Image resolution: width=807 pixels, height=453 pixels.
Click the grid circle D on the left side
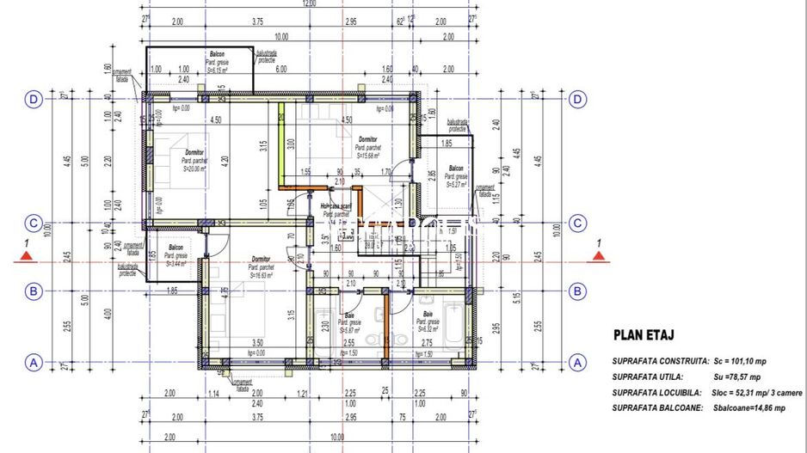[x=33, y=100]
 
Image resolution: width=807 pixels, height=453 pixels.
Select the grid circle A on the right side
[x=576, y=362]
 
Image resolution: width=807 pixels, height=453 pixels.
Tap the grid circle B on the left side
[x=33, y=291]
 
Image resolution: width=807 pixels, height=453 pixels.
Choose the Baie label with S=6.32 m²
[x=427, y=315]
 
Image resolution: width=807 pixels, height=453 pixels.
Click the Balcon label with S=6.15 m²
[x=217, y=54]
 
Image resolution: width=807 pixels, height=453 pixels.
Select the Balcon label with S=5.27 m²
[x=455, y=168]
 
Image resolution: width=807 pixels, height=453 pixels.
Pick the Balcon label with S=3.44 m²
[x=176, y=248]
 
